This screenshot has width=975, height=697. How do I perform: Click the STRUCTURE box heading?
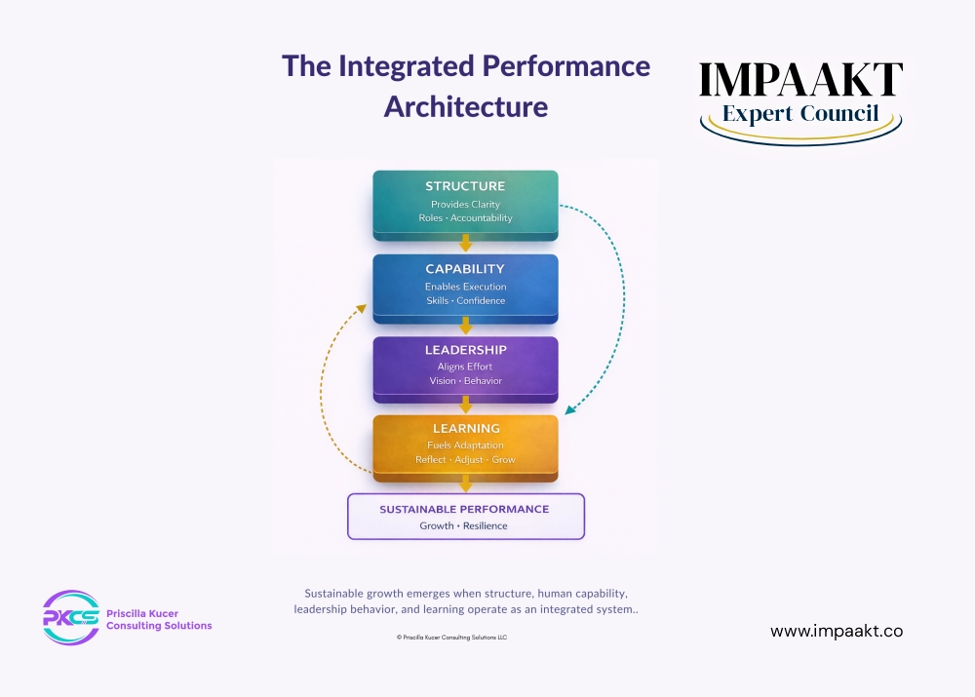(465, 186)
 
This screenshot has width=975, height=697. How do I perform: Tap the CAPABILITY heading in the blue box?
(465, 269)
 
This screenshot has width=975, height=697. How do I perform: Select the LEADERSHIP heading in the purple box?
(465, 350)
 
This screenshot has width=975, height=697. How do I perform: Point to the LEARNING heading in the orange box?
(466, 428)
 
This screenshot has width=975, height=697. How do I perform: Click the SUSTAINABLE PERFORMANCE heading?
(464, 509)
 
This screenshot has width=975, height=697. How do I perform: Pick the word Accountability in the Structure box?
(482, 218)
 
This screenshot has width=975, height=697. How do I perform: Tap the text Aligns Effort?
(465, 367)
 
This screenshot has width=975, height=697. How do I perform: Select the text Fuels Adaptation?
(465, 445)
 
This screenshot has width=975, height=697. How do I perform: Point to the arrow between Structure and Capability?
(466, 244)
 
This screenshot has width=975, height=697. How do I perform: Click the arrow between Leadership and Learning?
(466, 406)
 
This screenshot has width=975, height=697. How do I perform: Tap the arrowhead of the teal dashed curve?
(569, 408)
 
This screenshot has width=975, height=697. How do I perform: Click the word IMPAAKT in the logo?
(800, 81)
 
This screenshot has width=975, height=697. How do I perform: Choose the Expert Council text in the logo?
(800, 114)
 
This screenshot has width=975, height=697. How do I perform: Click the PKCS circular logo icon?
(70, 617)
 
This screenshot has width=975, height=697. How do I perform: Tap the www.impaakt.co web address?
(837, 631)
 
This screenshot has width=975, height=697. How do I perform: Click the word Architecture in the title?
(465, 105)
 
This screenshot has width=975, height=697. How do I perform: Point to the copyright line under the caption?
(451, 637)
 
